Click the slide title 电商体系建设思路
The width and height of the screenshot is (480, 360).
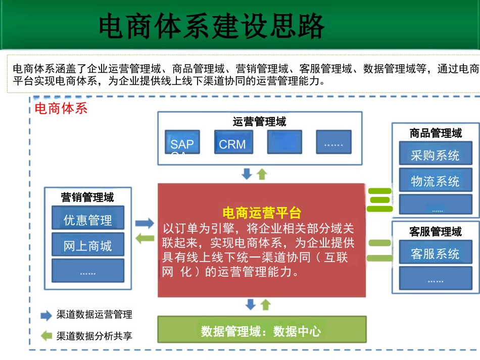[x=211, y=26]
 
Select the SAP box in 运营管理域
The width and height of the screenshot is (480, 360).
[x=182, y=143]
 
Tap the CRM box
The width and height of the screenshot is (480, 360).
[x=232, y=143]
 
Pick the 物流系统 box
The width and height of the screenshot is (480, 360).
[x=435, y=180]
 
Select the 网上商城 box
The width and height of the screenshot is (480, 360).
[x=87, y=245]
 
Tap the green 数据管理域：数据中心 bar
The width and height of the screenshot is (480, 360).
[x=261, y=331]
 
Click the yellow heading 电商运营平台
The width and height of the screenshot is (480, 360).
[x=262, y=213]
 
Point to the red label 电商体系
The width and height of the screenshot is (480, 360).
[x=61, y=108]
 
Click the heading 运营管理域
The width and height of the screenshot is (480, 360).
[x=259, y=121]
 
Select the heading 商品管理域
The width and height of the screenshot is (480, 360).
[x=435, y=133]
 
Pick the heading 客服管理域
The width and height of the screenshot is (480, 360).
[x=435, y=231]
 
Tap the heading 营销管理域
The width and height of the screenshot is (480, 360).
[x=87, y=197]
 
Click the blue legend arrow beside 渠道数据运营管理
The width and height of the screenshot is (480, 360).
[x=46, y=316]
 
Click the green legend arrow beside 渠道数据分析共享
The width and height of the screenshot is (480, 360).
[x=46, y=335]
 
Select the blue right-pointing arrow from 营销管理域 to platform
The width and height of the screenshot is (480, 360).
[x=145, y=223]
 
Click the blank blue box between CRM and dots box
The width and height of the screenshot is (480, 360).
[x=284, y=142]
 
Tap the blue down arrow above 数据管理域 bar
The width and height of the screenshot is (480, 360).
[x=250, y=304]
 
